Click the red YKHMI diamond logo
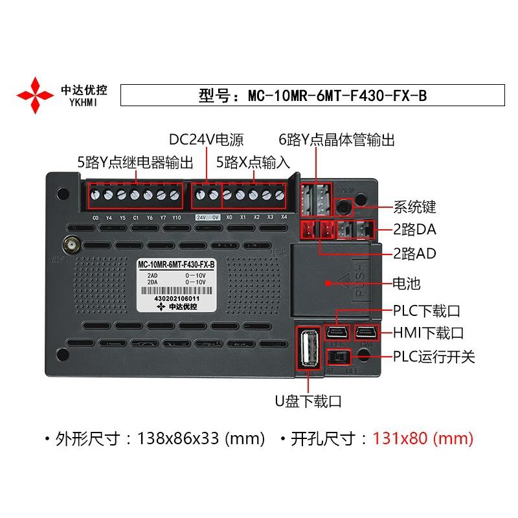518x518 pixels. [x=35, y=95]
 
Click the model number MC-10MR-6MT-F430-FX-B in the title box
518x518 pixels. [x=337, y=96]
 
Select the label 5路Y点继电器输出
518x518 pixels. [x=135, y=161]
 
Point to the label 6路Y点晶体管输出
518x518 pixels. [x=336, y=141]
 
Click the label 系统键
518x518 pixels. [x=415, y=207]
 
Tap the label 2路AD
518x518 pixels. [x=414, y=253]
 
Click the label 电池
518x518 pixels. [x=407, y=283]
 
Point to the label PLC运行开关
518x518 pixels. [x=434, y=356]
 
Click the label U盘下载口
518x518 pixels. [x=308, y=401]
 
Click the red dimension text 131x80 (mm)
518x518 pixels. [x=423, y=438]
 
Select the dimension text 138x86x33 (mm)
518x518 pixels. [x=201, y=438]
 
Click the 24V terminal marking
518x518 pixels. [x=201, y=218]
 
